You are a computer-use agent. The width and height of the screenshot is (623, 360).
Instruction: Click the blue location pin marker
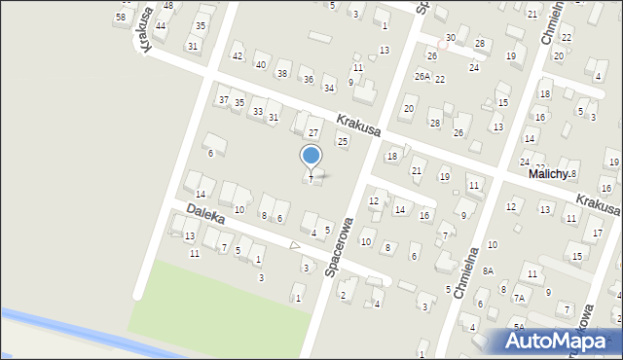click(311, 157)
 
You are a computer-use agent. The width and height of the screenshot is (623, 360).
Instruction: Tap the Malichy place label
click(548, 173)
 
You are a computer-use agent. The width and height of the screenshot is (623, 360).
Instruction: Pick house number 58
click(120, 18)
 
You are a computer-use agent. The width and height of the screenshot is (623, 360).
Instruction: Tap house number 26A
click(421, 76)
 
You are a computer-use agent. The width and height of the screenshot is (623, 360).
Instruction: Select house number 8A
click(488, 271)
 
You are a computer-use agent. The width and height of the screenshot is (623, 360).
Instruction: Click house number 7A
click(520, 298)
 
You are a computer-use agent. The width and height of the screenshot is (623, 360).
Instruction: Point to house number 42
click(238, 56)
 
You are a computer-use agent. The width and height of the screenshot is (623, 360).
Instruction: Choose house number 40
click(260, 64)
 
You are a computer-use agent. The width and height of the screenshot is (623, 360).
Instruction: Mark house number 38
click(282, 73)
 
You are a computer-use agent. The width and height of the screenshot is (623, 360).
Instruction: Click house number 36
click(308, 80)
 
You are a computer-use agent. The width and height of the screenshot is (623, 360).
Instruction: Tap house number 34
click(329, 89)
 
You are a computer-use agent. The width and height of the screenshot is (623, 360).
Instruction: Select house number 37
click(224, 100)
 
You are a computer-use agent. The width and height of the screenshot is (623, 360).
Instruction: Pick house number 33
click(257, 112)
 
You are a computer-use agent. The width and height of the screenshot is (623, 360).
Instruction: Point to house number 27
click(313, 132)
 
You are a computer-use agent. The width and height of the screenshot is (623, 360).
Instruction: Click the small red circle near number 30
click(443, 44)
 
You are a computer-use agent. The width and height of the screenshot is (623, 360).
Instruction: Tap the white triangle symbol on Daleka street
click(296, 245)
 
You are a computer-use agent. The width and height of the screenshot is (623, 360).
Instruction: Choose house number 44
click(160, 25)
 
